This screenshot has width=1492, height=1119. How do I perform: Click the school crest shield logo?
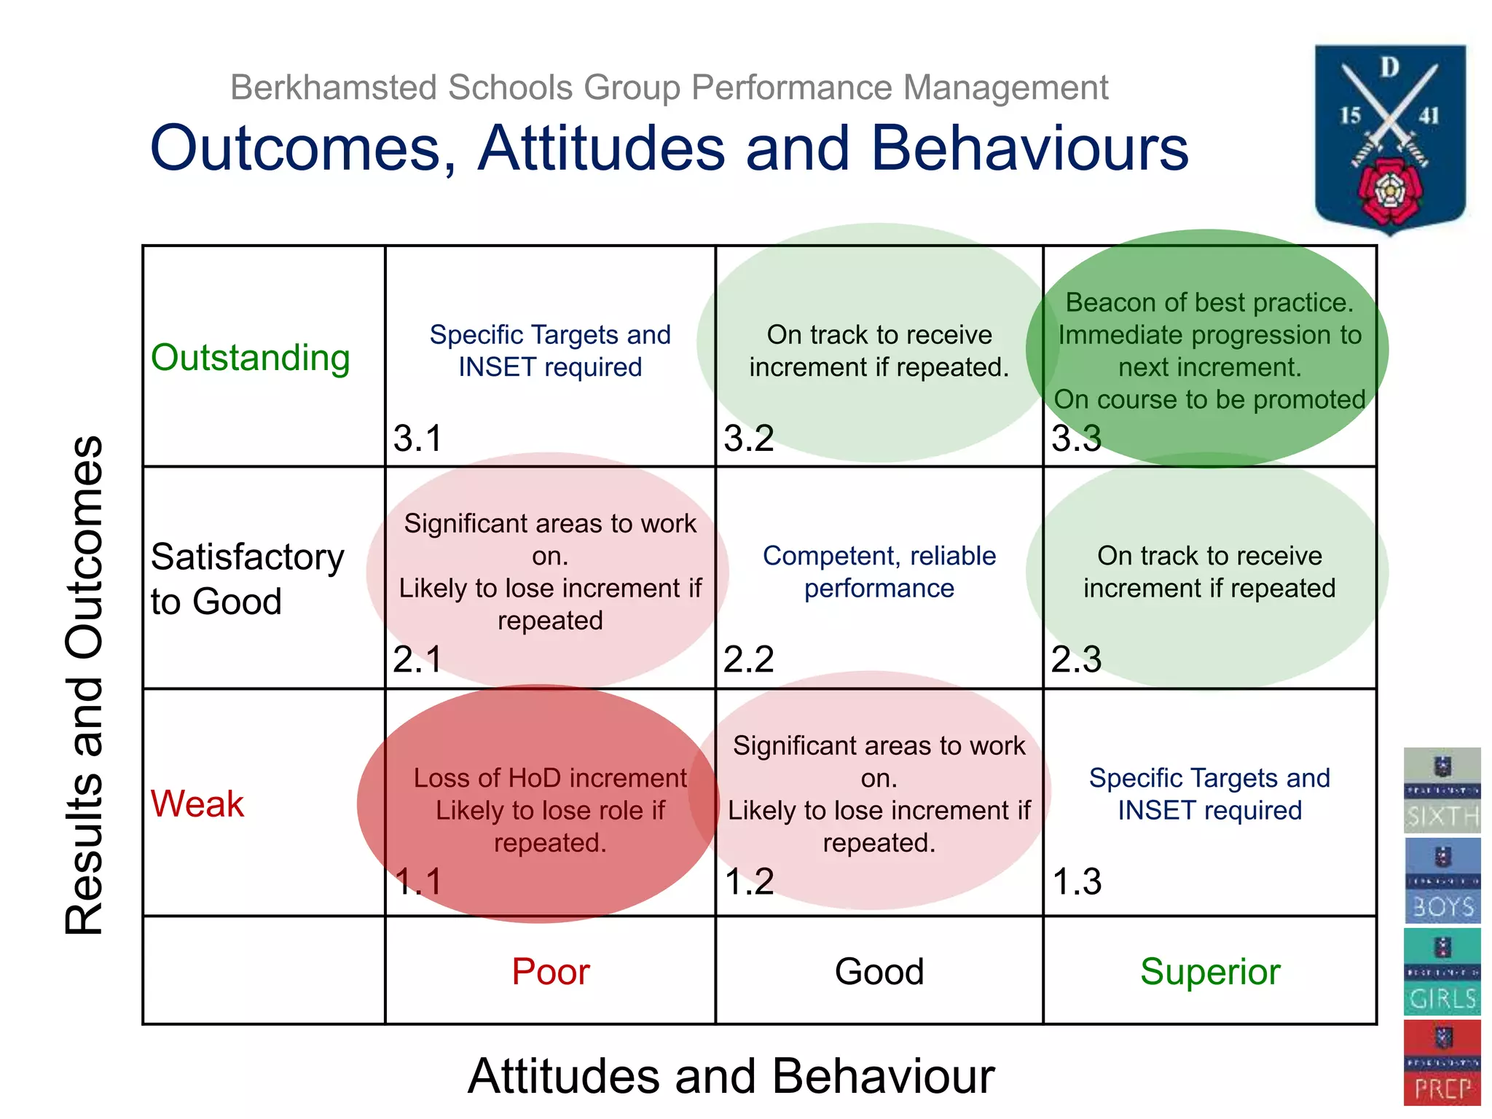tap(1390, 138)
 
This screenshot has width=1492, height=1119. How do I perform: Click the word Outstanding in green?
tap(251, 358)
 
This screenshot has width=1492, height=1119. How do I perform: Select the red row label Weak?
tap(197, 804)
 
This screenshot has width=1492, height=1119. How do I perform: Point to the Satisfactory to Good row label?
tap(248, 579)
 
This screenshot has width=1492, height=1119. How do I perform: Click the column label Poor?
tap(550, 971)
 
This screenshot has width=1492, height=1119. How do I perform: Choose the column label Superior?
tap(1210, 971)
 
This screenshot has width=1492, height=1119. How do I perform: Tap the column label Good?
tap(879, 971)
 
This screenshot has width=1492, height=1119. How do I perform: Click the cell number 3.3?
tap(1076, 438)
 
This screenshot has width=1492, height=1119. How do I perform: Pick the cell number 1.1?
tap(418, 881)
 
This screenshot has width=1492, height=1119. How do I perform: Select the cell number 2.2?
tap(748, 659)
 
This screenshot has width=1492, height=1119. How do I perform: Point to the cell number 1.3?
tap(1077, 881)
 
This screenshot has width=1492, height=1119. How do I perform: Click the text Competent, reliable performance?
tap(879, 572)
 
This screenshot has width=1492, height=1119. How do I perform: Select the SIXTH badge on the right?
tap(1442, 790)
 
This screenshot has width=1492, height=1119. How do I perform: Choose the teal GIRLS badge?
tap(1442, 972)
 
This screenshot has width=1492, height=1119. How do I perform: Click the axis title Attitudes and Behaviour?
tap(731, 1076)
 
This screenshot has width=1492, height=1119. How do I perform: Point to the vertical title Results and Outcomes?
tap(85, 685)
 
